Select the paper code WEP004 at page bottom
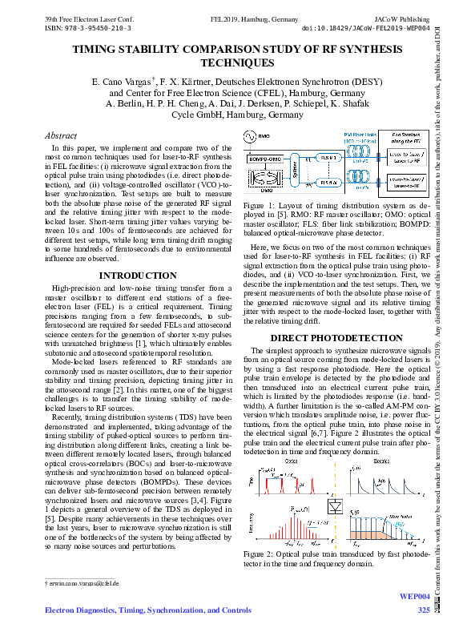tap(415, 598)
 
